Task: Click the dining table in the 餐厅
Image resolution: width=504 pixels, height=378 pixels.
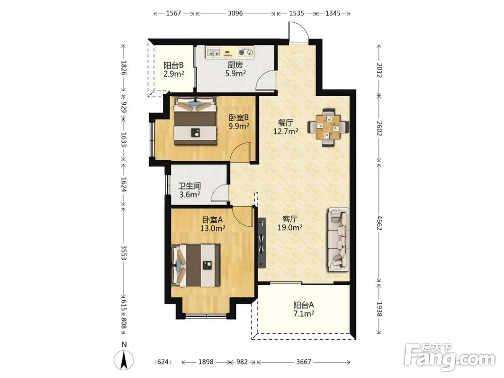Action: pyautogui.click(x=328, y=128)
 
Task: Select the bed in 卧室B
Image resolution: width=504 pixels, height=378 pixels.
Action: pyautogui.click(x=195, y=121)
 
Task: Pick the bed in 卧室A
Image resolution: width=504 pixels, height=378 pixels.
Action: pyautogui.click(x=196, y=266)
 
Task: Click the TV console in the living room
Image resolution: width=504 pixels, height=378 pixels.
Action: pyautogui.click(x=262, y=243)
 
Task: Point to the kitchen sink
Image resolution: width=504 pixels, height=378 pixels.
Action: pyautogui.click(x=213, y=52)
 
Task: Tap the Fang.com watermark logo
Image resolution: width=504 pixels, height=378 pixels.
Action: pyautogui.click(x=450, y=357)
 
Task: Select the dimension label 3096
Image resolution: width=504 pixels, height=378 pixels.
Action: pyautogui.click(x=235, y=14)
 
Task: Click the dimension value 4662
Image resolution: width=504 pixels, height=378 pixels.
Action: pyautogui.click(x=380, y=222)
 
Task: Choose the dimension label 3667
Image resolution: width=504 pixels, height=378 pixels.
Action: pyautogui.click(x=303, y=362)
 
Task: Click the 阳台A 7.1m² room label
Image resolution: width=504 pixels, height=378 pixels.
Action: pyautogui.click(x=303, y=309)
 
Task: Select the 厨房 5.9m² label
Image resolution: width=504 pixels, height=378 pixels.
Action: pyautogui.click(x=235, y=69)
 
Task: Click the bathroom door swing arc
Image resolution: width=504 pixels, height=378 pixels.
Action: pyautogui.click(x=219, y=194)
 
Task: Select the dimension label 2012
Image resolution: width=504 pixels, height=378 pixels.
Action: pyautogui.click(x=380, y=70)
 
